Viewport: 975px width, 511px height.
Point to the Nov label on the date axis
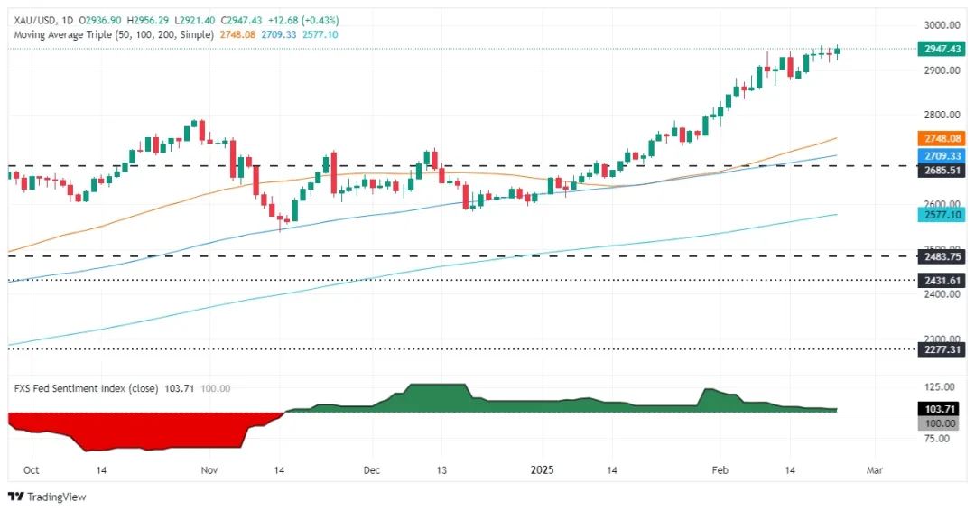pos(209,470)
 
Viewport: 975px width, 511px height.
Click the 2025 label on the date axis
pos(543,470)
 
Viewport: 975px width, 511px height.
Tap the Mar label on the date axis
pos(873,470)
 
